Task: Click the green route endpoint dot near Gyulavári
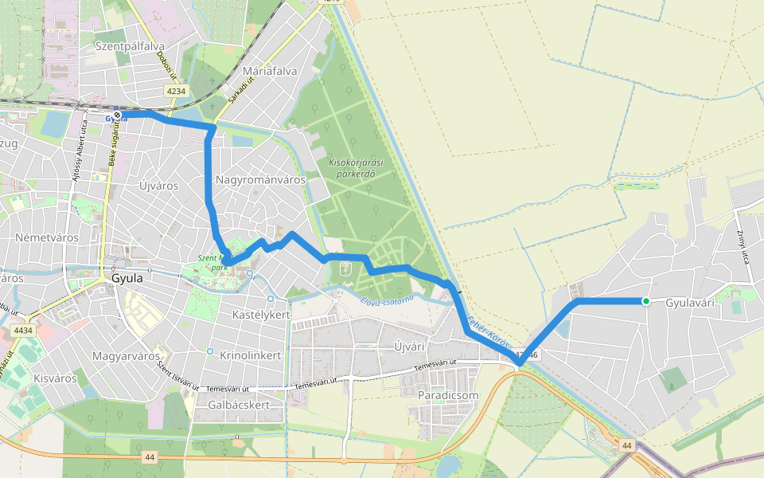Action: [x=646, y=301]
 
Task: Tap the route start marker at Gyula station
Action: [x=117, y=116]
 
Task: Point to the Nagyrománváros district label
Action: [x=260, y=180]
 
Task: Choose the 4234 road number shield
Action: [x=177, y=92]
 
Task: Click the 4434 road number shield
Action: [x=23, y=330]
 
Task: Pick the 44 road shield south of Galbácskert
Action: [x=150, y=457]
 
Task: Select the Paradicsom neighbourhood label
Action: [x=448, y=395]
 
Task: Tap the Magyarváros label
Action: [x=126, y=355]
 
